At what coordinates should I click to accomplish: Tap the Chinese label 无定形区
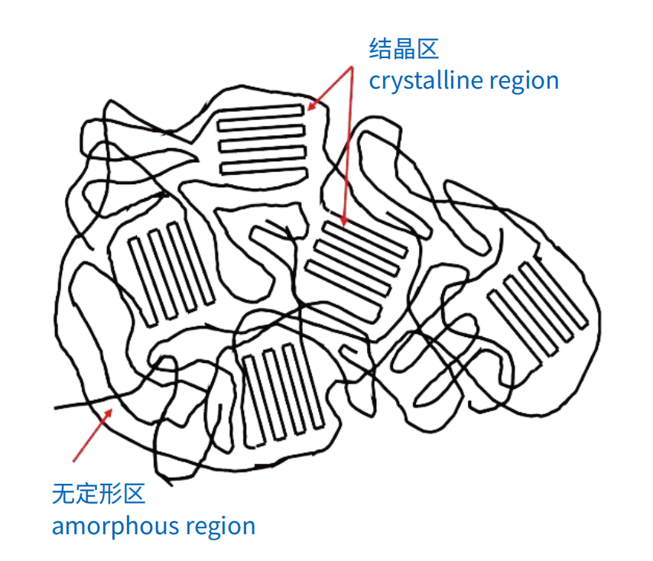[98, 494]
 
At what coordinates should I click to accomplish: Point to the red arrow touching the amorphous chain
[93, 435]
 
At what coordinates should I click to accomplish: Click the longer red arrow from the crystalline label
[348, 145]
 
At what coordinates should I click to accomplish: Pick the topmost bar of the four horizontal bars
[261, 111]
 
